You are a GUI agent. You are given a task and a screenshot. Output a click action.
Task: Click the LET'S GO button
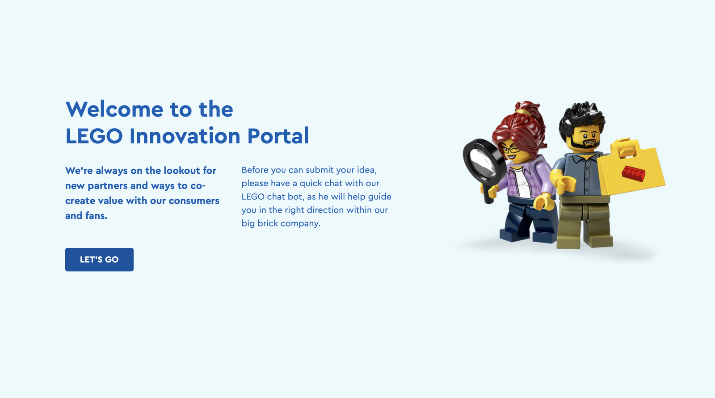(99, 260)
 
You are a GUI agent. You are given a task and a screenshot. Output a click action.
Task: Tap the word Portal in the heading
(278, 136)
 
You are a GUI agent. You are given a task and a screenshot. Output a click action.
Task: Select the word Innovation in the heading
(185, 136)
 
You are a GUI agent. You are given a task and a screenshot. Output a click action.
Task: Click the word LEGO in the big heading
(94, 136)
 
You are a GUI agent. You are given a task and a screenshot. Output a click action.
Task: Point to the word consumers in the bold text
(194, 201)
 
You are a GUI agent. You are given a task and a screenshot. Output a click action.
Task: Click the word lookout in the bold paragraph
(181, 171)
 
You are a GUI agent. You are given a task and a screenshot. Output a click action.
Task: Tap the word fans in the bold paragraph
(96, 216)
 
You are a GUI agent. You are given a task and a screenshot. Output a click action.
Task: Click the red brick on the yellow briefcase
(633, 174)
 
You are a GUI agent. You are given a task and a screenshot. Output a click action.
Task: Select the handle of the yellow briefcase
(626, 147)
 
